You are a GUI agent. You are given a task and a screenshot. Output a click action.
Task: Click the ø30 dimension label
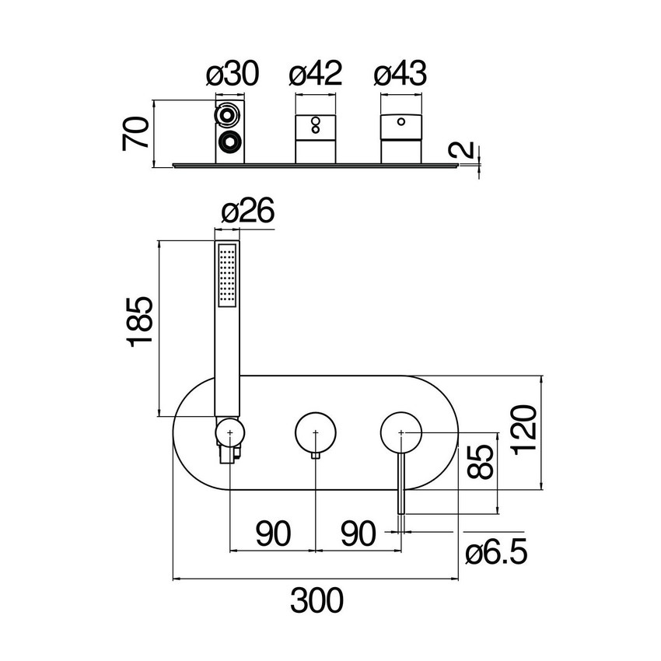[x=233, y=74]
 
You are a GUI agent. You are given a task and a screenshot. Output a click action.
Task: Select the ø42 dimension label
[x=315, y=74]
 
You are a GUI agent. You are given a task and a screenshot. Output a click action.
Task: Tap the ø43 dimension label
[x=400, y=74]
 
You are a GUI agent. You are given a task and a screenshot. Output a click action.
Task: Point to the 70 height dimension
[x=136, y=134]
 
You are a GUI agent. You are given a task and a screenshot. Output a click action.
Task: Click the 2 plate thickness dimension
[x=463, y=149]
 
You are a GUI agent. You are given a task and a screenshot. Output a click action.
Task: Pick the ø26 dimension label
[x=247, y=210]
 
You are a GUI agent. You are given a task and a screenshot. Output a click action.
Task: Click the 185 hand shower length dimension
[x=140, y=322]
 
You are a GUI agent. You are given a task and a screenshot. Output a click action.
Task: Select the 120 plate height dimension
[x=524, y=429]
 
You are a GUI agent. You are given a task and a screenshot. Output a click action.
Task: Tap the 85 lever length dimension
[x=481, y=462]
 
